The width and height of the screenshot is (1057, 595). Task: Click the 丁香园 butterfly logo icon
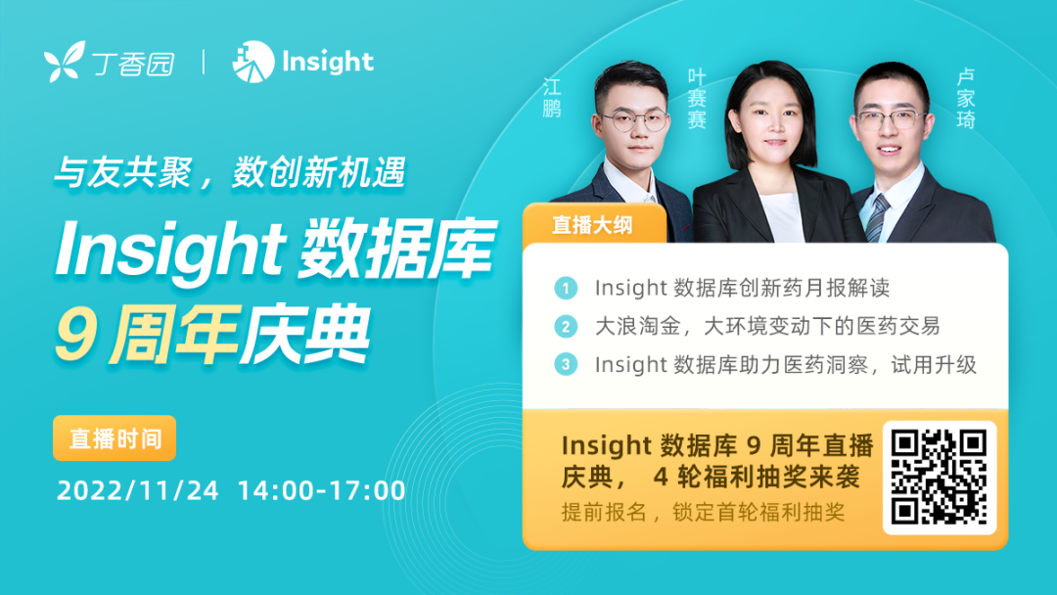tap(65, 62)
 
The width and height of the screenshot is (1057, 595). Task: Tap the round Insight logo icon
tap(253, 62)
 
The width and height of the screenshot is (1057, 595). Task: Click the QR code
tap(940, 478)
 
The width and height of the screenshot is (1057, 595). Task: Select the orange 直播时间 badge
tap(115, 438)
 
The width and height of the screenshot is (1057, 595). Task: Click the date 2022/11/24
tap(138, 490)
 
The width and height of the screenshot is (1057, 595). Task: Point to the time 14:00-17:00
tap(322, 490)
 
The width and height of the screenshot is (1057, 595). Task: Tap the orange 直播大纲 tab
tap(593, 224)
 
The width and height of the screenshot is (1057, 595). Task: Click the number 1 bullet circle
tap(566, 289)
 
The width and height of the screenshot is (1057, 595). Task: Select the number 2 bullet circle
tap(566, 327)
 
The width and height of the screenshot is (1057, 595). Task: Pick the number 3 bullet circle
tap(566, 365)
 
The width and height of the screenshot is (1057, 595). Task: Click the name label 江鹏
tap(552, 97)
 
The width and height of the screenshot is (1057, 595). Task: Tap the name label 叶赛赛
tap(697, 99)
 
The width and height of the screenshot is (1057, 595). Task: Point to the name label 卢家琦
tap(966, 99)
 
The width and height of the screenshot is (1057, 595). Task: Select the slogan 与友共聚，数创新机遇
tap(230, 172)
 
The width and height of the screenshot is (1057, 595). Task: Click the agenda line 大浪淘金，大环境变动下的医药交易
tap(767, 327)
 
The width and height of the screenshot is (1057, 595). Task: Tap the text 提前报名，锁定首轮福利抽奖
tap(703, 513)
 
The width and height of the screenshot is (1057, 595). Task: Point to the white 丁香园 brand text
tap(133, 64)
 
